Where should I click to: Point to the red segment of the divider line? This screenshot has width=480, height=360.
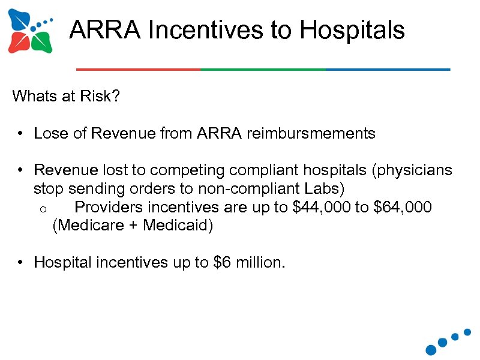pyautogui.click(x=138, y=70)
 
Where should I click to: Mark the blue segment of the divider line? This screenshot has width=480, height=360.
pyautogui.click(x=388, y=70)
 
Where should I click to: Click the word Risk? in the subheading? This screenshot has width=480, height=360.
pyautogui.click(x=103, y=96)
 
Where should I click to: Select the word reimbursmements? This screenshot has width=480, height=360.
pyautogui.click(x=310, y=133)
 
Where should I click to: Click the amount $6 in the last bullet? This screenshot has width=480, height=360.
pyautogui.click(x=221, y=262)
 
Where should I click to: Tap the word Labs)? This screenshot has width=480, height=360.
pyautogui.click(x=324, y=189)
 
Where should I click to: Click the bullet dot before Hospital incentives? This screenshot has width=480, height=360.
pyautogui.click(x=20, y=262)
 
